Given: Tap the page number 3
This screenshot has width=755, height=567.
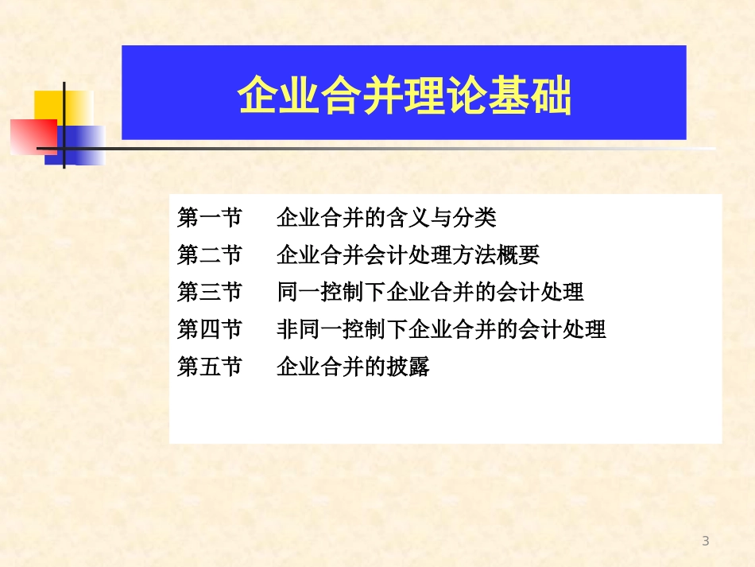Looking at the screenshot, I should pyautogui.click(x=705, y=542).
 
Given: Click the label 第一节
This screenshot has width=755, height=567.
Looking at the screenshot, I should pyautogui.click(x=209, y=218).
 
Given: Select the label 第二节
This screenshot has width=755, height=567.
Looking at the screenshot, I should pyautogui.click(x=209, y=255).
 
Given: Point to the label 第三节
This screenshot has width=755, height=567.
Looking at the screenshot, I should pyautogui.click(x=209, y=292).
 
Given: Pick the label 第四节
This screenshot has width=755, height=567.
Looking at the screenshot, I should pyautogui.click(x=209, y=329).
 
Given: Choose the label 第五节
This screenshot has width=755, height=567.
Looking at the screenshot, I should pyautogui.click(x=209, y=367).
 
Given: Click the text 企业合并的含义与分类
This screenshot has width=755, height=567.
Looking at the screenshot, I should pyautogui.click(x=386, y=218).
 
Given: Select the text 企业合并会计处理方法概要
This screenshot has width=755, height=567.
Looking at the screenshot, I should pyautogui.click(x=408, y=255).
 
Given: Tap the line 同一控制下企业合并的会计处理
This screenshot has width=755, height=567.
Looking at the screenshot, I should pyautogui.click(x=430, y=292).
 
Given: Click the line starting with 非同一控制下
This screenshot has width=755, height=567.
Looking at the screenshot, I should pyautogui.click(x=441, y=329).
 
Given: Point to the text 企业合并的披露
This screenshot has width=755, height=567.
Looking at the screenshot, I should pyautogui.click(x=353, y=367).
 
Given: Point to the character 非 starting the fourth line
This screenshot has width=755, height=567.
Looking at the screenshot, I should pyautogui.click(x=287, y=329).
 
